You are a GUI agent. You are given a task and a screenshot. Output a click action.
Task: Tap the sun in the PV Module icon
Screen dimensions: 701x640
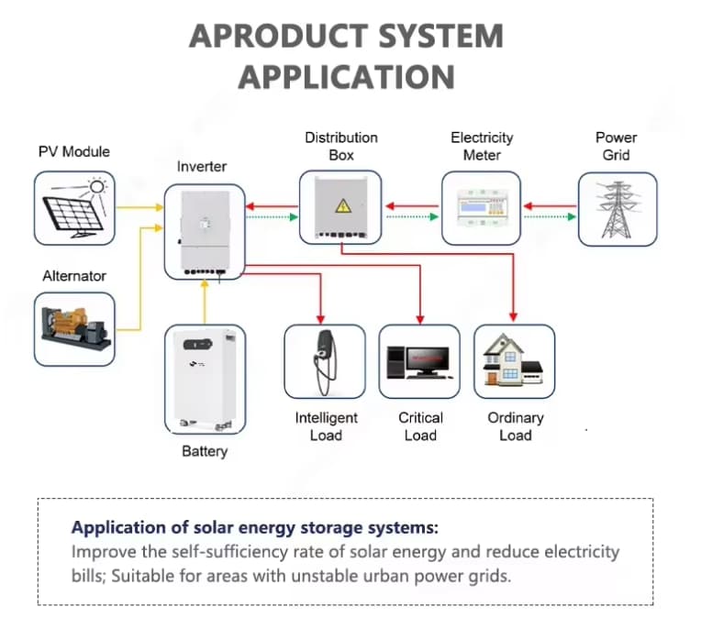pyautogui.click(x=97, y=187)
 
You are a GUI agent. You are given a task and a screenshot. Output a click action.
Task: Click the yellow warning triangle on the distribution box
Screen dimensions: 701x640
pyautogui.click(x=343, y=206)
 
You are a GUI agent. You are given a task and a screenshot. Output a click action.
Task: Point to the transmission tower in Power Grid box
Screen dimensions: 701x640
pyautogui.click(x=618, y=209)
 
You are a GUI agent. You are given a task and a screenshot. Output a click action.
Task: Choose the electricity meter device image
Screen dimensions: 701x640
pyautogui.click(x=481, y=208)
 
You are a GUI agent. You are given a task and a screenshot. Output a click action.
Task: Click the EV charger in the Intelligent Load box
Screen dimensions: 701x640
pyautogui.click(x=325, y=362)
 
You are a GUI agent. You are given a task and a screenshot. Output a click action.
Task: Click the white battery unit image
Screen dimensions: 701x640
pyautogui.click(x=206, y=381)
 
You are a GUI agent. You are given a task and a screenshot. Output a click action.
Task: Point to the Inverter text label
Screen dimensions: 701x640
pyautogui.click(x=202, y=167)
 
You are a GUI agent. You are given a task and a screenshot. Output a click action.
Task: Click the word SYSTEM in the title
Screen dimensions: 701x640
pyautogui.click(x=440, y=37)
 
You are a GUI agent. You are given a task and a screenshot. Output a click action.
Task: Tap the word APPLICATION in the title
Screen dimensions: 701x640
pyautogui.click(x=347, y=77)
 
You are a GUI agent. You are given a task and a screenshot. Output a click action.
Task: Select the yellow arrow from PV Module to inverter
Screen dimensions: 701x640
pyautogui.click(x=139, y=207)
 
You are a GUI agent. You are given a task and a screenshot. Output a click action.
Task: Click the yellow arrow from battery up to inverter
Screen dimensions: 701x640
pyautogui.click(x=205, y=302)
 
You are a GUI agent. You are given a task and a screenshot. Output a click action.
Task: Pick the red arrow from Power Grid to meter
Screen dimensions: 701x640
pyautogui.click(x=550, y=206)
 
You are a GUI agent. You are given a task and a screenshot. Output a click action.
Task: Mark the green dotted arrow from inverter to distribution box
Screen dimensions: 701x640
pyautogui.click(x=272, y=217)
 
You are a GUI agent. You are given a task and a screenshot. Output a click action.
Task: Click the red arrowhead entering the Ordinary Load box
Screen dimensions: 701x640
pyautogui.click(x=513, y=316)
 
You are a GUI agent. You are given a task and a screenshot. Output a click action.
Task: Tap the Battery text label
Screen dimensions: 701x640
pyautogui.click(x=205, y=451)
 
